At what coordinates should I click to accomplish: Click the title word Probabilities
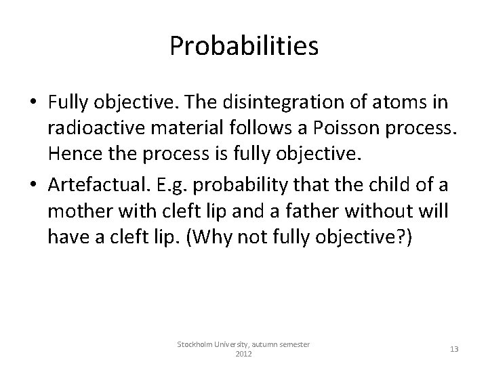(244, 46)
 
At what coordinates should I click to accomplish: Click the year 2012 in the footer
(243, 354)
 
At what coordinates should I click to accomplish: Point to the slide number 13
(453, 348)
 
